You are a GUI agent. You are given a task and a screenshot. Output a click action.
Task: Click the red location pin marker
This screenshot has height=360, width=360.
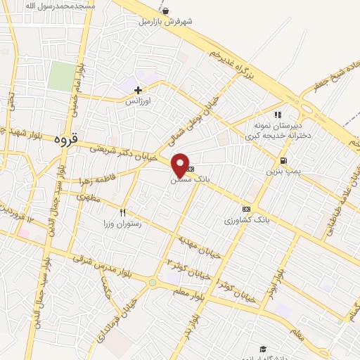point(181,165)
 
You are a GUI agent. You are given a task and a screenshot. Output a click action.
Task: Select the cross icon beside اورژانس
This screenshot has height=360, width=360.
point(138,89)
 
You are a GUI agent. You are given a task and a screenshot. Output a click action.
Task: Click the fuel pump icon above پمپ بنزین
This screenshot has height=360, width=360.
point(283,160)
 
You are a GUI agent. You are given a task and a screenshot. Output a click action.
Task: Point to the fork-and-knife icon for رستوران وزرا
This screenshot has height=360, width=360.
point(123,212)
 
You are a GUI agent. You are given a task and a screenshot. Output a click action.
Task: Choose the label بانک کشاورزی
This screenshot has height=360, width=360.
point(247,220)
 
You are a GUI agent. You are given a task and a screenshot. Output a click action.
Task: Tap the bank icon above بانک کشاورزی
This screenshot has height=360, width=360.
point(246,209)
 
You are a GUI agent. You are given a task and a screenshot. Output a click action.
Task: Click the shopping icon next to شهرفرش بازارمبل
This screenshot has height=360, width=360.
point(165,11)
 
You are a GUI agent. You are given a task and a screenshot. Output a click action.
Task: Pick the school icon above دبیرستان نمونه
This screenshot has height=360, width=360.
point(278,115)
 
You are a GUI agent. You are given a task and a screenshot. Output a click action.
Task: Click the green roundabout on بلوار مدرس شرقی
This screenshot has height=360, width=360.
point(153,283)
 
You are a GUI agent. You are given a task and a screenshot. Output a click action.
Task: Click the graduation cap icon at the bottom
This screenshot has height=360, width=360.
point(263,349)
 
